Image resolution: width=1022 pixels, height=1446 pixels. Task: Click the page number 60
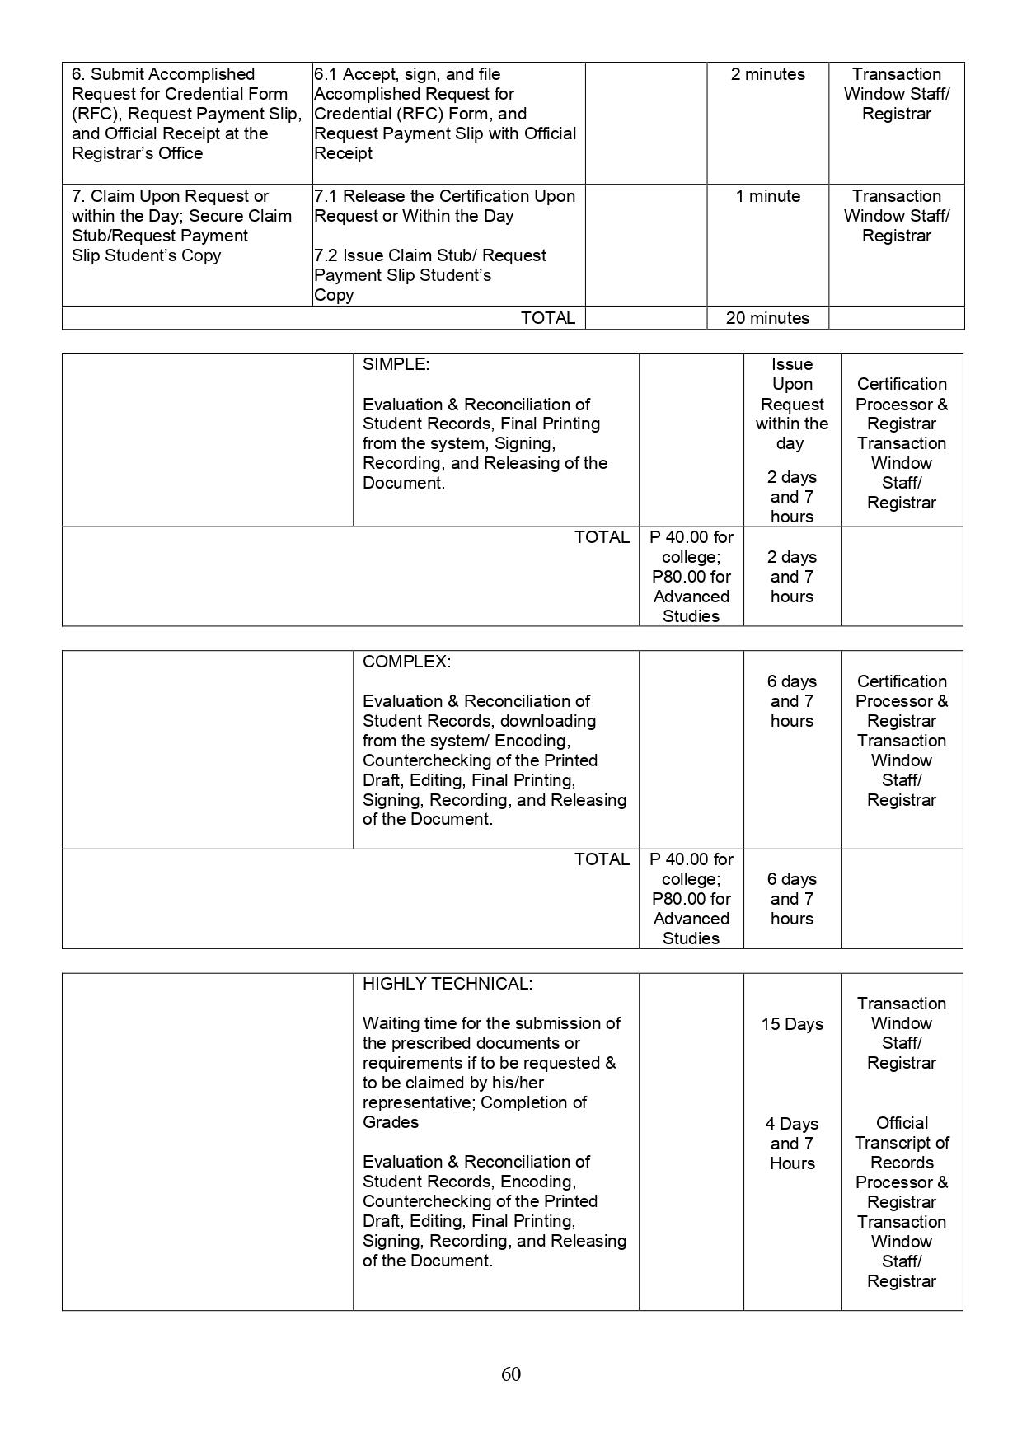510,1373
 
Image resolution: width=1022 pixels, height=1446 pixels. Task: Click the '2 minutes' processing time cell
767,75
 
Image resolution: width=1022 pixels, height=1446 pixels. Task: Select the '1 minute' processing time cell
767,197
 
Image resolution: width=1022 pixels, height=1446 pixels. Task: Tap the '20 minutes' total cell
767,318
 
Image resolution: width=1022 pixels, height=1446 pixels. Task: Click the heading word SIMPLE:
396,364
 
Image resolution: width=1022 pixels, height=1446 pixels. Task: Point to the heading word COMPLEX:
406,662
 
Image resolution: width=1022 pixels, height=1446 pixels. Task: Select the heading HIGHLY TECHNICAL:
447,984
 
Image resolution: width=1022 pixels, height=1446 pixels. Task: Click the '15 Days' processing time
792,1024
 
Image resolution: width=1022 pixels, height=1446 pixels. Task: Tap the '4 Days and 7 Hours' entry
792,1144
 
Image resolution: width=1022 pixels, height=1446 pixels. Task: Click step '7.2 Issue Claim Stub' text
429,255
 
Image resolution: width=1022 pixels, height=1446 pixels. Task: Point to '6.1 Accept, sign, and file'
407,75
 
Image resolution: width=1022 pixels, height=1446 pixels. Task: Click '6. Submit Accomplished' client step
163,75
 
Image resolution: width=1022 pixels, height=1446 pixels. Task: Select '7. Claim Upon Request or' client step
170,197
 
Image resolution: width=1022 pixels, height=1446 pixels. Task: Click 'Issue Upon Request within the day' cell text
791,404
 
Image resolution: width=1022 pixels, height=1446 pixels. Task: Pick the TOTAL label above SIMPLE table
547,318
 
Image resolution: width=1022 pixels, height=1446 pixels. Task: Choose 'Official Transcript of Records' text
902,1143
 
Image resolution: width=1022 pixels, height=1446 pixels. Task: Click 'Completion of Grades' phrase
474,1111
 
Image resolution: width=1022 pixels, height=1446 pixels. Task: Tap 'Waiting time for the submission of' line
491,1023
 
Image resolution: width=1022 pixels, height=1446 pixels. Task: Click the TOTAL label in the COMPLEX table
602,859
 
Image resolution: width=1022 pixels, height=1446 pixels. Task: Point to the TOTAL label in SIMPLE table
602,537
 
